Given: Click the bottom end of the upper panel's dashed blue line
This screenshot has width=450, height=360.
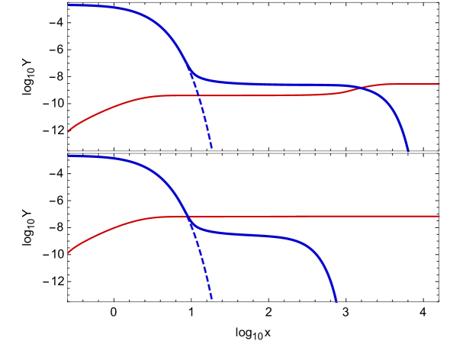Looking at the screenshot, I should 212,149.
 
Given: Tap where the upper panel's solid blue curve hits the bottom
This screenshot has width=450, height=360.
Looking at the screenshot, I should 408,150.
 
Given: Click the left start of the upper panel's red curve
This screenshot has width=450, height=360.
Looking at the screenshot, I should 69,131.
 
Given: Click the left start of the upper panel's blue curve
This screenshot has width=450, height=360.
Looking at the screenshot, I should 69,5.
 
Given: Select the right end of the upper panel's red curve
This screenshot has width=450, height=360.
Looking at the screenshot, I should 439,84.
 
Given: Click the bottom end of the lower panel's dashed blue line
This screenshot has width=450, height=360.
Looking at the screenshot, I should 212,301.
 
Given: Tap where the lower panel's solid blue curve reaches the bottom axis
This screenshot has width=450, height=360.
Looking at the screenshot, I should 336,301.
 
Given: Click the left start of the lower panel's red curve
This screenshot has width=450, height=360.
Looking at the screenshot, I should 69,252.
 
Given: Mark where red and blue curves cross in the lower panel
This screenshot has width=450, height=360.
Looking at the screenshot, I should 188,217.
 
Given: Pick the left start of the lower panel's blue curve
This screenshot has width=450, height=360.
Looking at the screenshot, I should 69,156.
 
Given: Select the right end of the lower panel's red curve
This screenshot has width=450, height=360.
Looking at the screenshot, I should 439,216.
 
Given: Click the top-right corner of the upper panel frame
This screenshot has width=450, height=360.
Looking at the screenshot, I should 439,2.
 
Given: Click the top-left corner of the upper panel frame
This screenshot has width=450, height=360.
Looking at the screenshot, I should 68,2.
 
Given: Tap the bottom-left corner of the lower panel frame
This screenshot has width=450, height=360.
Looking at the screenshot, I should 68,302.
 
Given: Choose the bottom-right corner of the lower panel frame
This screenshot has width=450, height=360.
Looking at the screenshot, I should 439,302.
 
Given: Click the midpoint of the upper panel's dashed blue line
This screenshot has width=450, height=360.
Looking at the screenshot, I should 201,111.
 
